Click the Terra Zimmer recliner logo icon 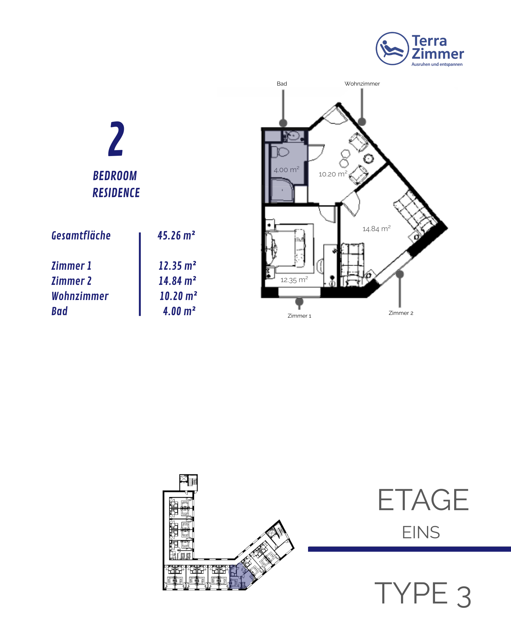pyautogui.click(x=392, y=49)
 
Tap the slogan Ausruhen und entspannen pyautogui.click(x=437, y=64)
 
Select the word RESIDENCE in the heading pyautogui.click(x=116, y=193)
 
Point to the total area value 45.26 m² pyautogui.click(x=176, y=235)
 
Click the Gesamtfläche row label pyautogui.click(x=81, y=235)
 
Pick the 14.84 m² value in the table pyautogui.click(x=177, y=281)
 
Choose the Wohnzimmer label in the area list pyautogui.click(x=80, y=296)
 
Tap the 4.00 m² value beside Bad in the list pyautogui.click(x=179, y=311)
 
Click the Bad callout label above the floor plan pyautogui.click(x=282, y=84)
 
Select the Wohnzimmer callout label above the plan pyautogui.click(x=362, y=84)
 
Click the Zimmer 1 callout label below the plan pyautogui.click(x=299, y=316)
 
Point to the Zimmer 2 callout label pyautogui.click(x=401, y=313)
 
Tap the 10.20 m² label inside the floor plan pyautogui.click(x=333, y=174)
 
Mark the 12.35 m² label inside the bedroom pyautogui.click(x=294, y=280)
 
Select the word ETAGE pyautogui.click(x=423, y=500)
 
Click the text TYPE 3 pyautogui.click(x=422, y=594)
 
